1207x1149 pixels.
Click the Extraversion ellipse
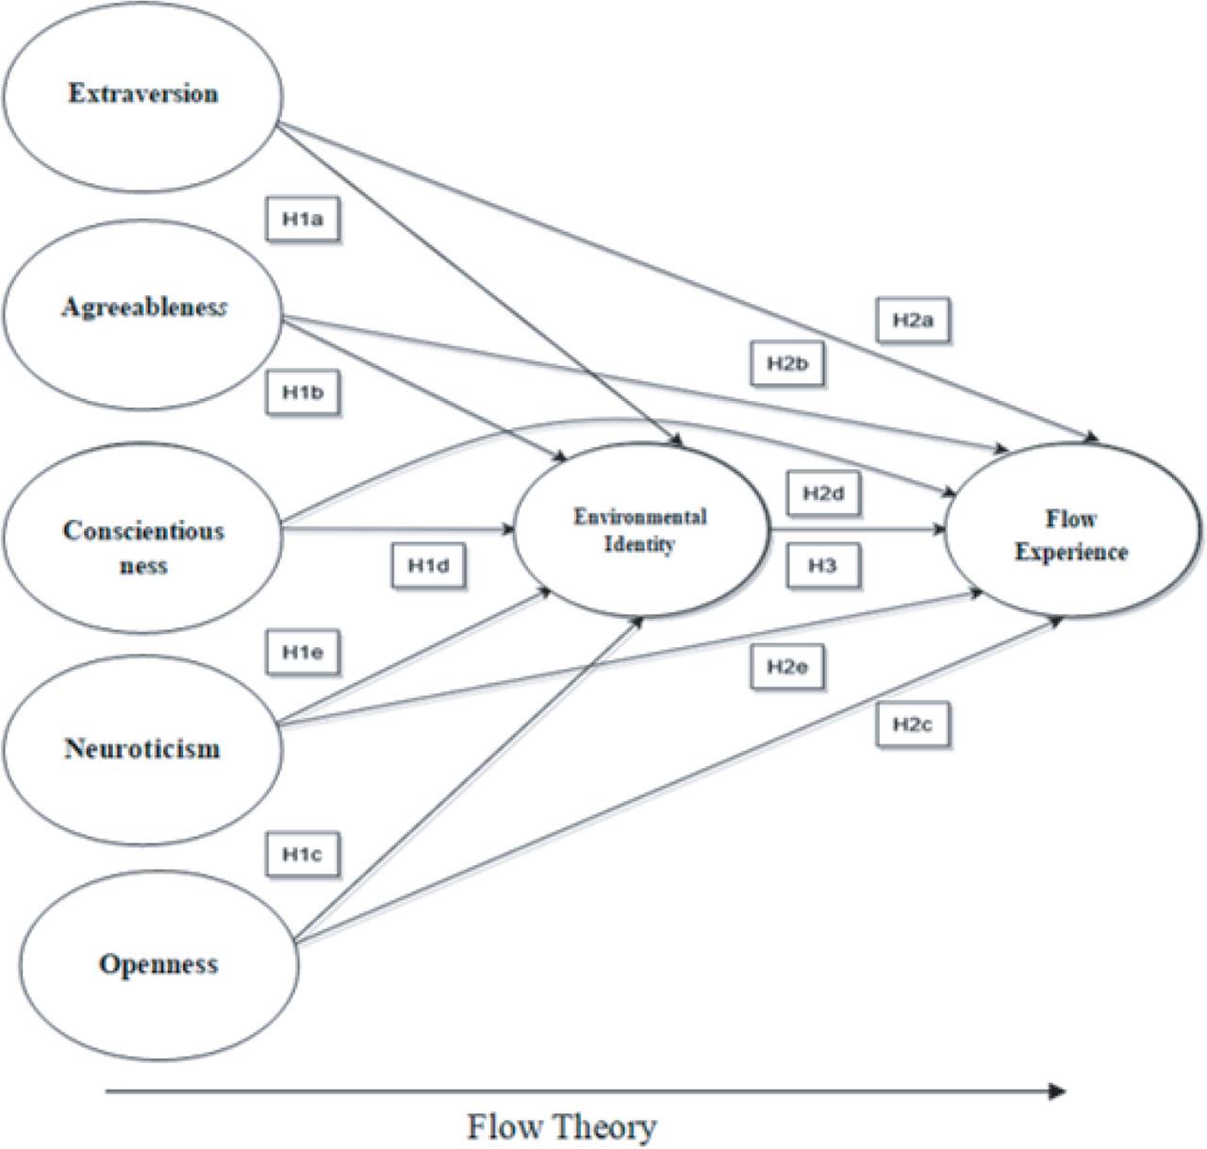coord(142,94)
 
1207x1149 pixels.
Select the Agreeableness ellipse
coord(142,309)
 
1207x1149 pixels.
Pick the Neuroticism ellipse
coord(142,749)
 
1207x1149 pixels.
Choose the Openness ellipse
coord(158,964)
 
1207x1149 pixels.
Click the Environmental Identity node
coord(640,531)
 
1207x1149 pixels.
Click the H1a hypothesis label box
coord(303,221)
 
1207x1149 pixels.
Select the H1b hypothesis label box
coord(303,392)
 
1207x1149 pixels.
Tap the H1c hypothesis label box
coord(303,855)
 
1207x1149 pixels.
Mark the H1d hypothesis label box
coord(429,566)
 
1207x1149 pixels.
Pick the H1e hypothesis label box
coord(303,652)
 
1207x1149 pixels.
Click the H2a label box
coord(912,321)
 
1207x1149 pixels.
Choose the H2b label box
coord(787,364)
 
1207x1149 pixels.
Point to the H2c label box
coord(912,724)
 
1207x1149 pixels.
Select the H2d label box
coord(823,493)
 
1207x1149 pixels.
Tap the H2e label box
coord(787,667)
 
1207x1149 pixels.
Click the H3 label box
coord(823,566)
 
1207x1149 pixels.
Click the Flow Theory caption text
coord(562,1126)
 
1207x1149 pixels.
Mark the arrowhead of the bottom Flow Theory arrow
coord(1058,1091)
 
